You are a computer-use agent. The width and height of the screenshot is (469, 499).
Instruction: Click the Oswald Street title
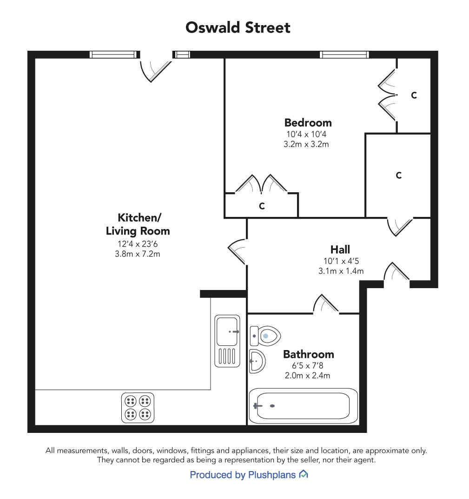238,27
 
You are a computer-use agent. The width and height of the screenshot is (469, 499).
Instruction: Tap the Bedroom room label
308,122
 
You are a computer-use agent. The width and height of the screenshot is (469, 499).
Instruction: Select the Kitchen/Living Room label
138,224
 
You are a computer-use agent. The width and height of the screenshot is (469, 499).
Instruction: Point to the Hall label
340,249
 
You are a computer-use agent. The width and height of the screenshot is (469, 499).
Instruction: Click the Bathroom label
309,354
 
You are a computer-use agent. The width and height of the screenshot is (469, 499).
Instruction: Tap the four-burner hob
138,407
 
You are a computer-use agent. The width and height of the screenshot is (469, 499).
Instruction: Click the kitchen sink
227,341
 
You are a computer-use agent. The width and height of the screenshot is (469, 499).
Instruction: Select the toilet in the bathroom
265,336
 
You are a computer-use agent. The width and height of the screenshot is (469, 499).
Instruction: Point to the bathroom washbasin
257,361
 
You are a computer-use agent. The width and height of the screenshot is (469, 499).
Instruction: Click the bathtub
304,406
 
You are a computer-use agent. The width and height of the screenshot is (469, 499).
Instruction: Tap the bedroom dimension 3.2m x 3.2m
306,144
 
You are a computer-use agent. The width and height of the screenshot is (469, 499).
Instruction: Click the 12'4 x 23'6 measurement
138,244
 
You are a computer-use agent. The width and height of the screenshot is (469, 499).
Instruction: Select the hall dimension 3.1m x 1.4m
341,271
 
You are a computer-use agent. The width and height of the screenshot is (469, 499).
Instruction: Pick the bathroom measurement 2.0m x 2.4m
307,376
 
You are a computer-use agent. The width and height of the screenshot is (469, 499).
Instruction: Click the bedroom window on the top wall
344,54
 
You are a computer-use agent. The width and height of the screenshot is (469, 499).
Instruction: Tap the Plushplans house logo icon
304,474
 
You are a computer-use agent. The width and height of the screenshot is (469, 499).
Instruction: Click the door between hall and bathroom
326,304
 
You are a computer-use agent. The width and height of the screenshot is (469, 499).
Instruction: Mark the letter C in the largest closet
399,175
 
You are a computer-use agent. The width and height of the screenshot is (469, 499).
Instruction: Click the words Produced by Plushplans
243,475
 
